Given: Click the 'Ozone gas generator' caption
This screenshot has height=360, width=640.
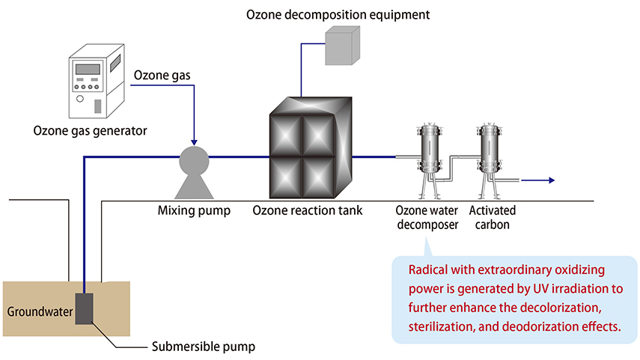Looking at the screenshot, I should tap(90, 132).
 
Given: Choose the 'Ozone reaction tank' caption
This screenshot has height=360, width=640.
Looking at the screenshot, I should tap(308, 210).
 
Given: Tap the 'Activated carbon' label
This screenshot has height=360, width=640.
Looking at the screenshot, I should tap(492, 217).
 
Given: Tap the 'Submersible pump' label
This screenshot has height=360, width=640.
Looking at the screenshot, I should tap(203, 347).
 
